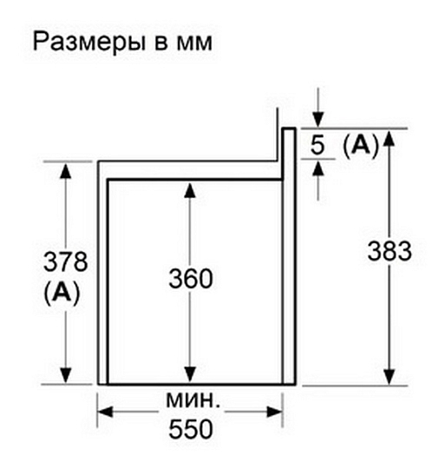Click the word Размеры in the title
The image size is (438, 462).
pyautogui.click(x=89, y=43)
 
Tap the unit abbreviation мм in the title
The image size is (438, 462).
pyautogui.click(x=193, y=43)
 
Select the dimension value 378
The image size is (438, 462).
pyautogui.click(x=66, y=261)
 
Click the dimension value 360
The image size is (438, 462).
pyautogui.click(x=191, y=279)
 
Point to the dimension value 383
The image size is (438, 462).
pyautogui.click(x=389, y=251)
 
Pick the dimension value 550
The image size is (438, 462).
pyautogui.click(x=191, y=429)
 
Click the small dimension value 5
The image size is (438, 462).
pyautogui.click(x=317, y=145)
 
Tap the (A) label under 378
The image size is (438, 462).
pyautogui.click(x=62, y=293)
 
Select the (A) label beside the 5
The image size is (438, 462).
pyautogui.click(x=360, y=145)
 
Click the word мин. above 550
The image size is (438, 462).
pyautogui.click(x=193, y=400)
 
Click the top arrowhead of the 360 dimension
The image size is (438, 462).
pyautogui.click(x=190, y=190)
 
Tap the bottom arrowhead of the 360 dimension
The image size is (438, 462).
pyautogui.click(x=190, y=374)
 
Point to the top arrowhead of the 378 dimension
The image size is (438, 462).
pyautogui.click(x=65, y=170)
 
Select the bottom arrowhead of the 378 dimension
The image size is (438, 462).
pyautogui.click(x=65, y=375)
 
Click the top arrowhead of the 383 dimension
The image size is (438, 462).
pyautogui.click(x=389, y=138)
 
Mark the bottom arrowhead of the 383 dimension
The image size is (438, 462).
pyautogui.click(x=389, y=376)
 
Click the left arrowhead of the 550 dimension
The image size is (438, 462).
pyautogui.click(x=105, y=412)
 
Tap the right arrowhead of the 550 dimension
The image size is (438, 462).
pyautogui.click(x=274, y=412)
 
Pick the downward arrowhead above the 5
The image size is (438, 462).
pyautogui.click(x=317, y=120)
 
